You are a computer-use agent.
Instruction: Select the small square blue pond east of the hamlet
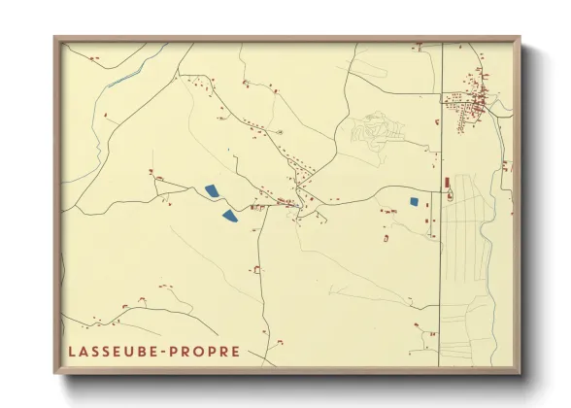pyautogui.click(x=414, y=202)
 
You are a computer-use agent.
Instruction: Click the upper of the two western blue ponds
pyautogui.click(x=211, y=191)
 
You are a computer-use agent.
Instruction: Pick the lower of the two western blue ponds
pyautogui.click(x=229, y=216)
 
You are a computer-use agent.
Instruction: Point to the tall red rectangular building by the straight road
pyautogui.click(x=447, y=183)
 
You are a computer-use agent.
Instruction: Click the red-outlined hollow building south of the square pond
pyautogui.click(x=386, y=237)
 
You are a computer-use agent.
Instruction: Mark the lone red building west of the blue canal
pyautogui.click(x=94, y=60)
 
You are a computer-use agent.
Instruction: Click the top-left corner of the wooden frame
pyautogui.click(x=55, y=38)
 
